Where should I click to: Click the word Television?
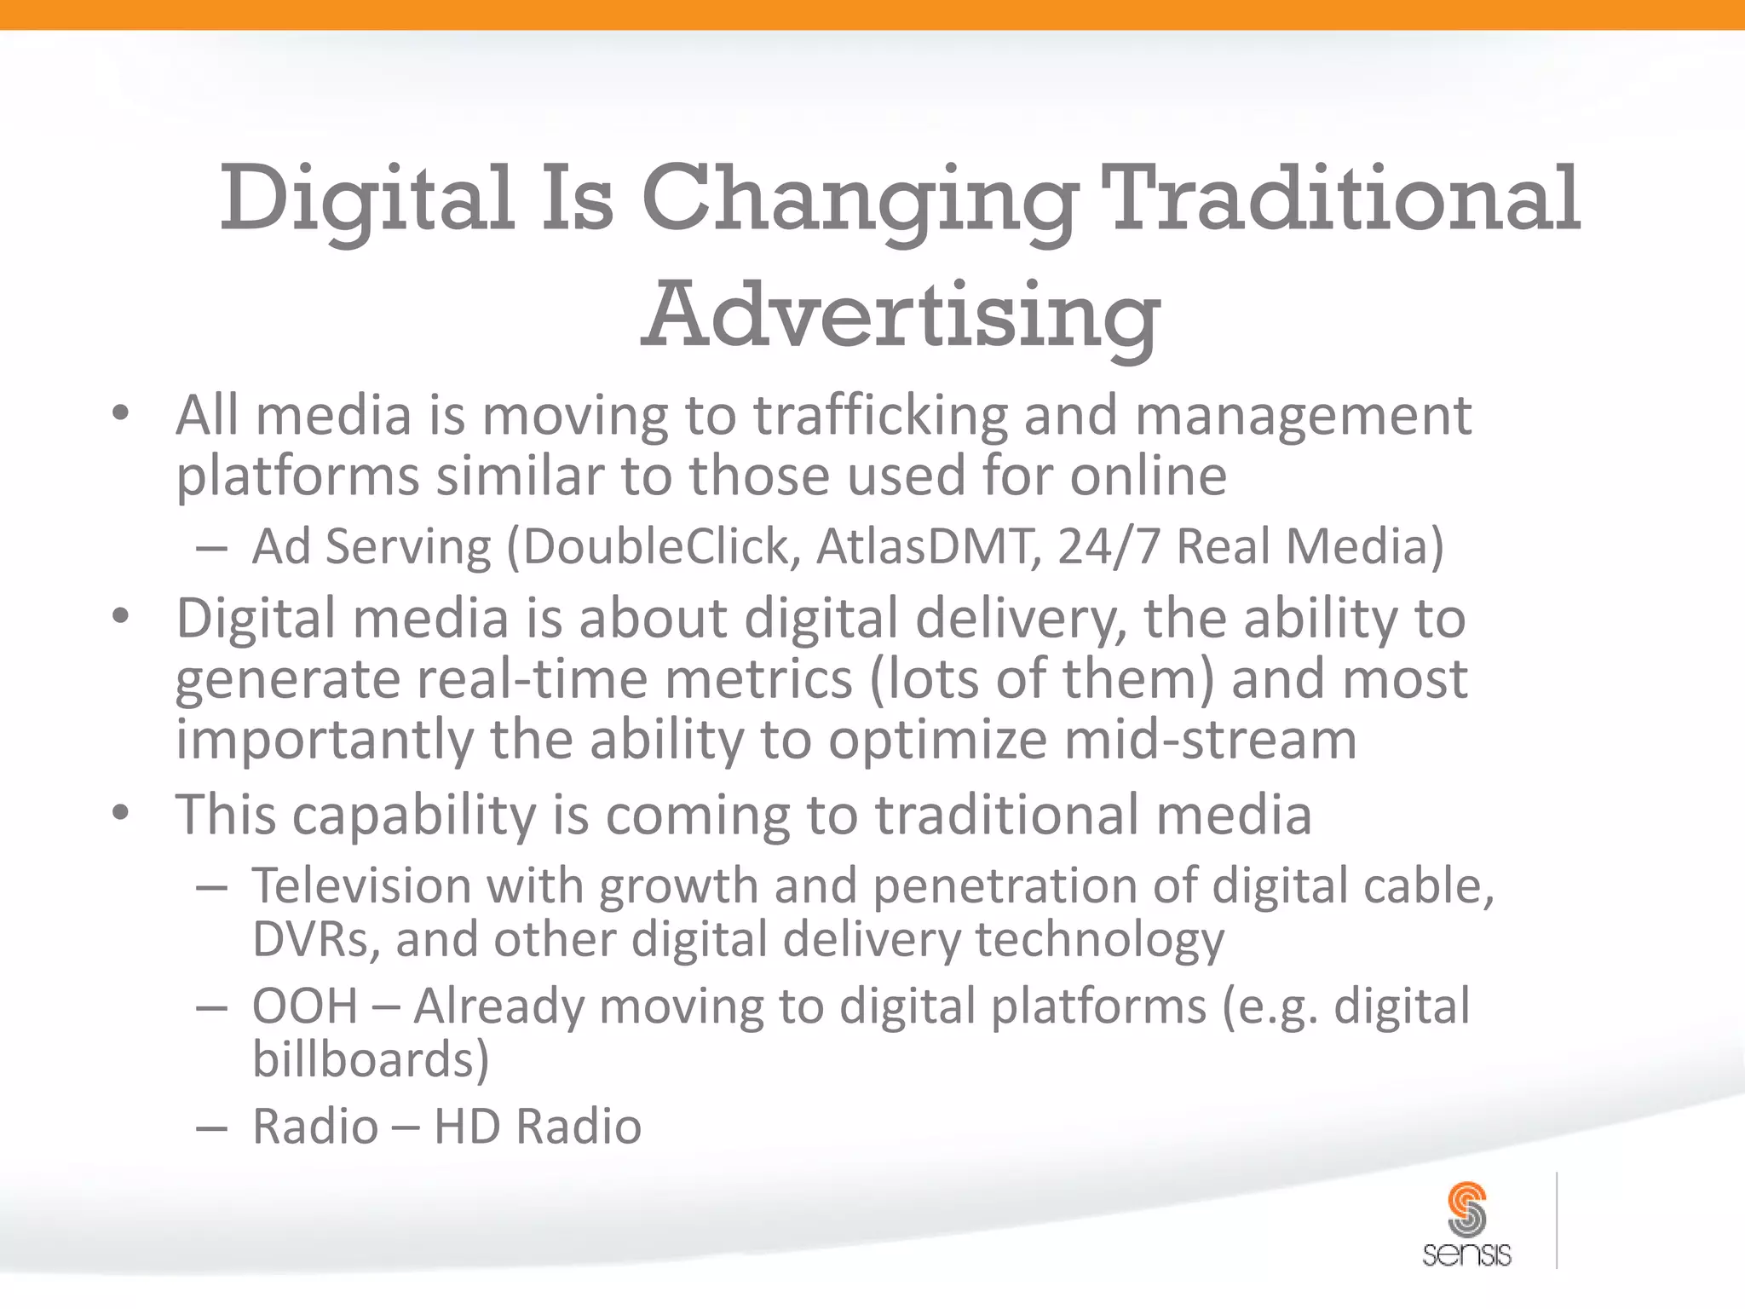[x=360, y=885]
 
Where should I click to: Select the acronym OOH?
[x=304, y=1006]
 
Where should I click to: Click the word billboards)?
[x=371, y=1060]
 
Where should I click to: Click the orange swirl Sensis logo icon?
[x=1466, y=1208]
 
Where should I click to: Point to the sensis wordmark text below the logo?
[x=1466, y=1254]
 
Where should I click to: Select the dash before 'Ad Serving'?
[x=210, y=548]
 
